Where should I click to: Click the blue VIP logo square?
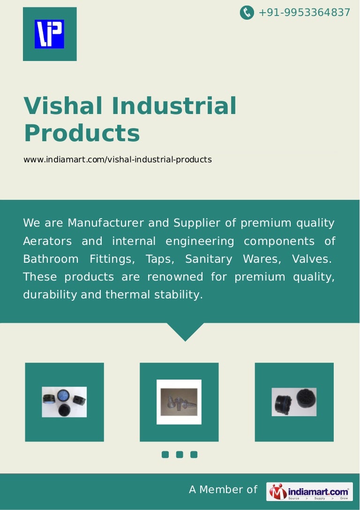(49, 34)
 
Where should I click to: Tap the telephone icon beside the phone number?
(247, 13)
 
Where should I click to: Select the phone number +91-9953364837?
(304, 13)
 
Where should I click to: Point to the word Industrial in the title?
(174, 106)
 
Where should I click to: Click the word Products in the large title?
(82, 133)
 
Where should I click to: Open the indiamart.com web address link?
(118, 160)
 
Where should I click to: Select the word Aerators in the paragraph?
(47, 241)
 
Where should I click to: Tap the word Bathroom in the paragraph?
(51, 259)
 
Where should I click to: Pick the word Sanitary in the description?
(209, 259)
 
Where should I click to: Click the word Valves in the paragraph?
(312, 259)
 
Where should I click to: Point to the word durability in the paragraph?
(50, 295)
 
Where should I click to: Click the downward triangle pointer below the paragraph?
(185, 332)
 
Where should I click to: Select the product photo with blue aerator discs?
(64, 402)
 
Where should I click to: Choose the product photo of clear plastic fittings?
(179, 402)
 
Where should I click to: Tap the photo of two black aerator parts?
(294, 402)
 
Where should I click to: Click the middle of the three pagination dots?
(180, 454)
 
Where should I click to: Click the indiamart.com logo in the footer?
(310, 491)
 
